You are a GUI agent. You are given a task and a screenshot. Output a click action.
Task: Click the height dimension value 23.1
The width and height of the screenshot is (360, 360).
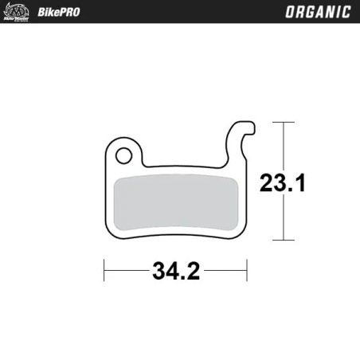tap(282, 183)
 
